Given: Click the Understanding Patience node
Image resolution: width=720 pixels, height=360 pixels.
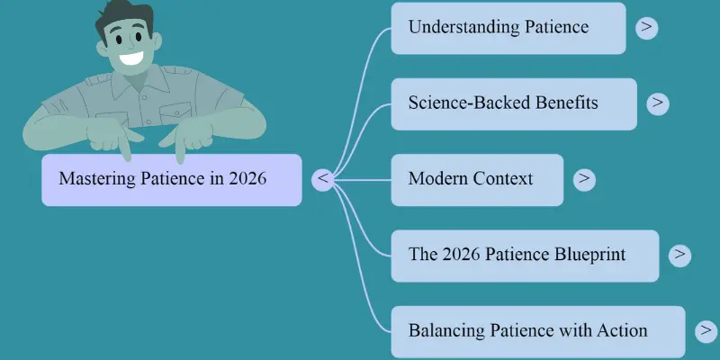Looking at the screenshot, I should tap(508, 28).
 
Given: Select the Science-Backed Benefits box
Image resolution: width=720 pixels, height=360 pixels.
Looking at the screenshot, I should tap(513, 103).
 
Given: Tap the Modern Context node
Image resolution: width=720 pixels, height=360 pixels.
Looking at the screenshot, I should tap(477, 179).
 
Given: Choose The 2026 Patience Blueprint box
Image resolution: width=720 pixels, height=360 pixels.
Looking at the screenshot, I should tap(525, 255).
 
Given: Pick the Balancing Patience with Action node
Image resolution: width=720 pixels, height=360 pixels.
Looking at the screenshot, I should tap(537, 331).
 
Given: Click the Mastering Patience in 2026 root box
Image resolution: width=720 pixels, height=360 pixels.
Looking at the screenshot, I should tap(171, 179).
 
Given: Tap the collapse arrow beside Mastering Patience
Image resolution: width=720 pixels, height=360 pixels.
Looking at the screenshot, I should tap(323, 179).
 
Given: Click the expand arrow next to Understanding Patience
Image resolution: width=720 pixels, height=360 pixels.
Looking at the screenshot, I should tap(646, 28).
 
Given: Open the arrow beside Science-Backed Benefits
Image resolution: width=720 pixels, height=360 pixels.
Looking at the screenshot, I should tap(658, 103).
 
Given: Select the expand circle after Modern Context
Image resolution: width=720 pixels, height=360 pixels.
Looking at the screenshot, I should tap(584, 179).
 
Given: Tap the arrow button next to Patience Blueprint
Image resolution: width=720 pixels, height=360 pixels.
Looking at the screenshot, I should tap(679, 255).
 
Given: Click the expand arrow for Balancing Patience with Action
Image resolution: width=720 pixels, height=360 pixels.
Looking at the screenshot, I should tap(706, 331).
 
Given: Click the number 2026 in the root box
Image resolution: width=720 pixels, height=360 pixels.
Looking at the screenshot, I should tap(247, 179).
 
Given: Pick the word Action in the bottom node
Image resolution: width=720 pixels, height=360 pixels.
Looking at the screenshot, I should tap(623, 331).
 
